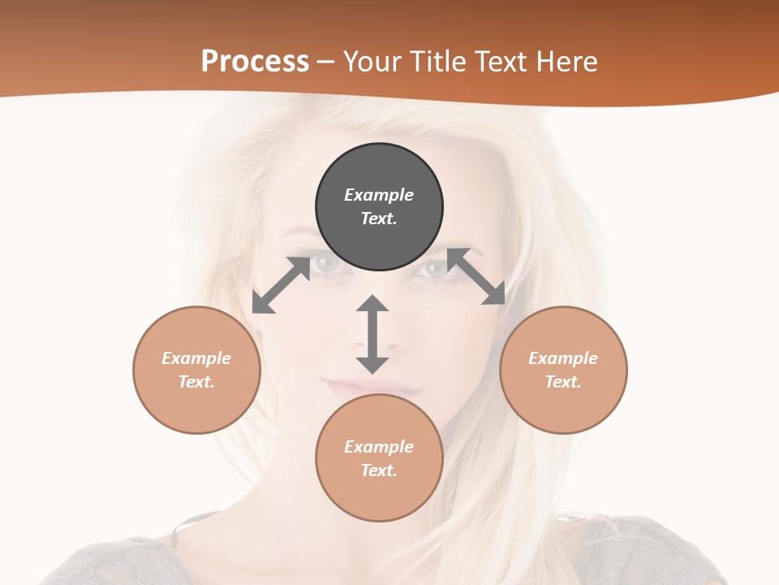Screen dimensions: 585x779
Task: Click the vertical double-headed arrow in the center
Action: click(372, 335)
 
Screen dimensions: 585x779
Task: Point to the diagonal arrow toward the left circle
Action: click(281, 285)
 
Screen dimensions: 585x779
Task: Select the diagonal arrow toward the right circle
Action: click(476, 276)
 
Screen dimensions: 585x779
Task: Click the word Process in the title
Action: click(255, 61)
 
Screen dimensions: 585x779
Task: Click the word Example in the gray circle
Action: click(379, 195)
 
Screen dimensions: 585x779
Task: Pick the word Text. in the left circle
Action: click(196, 382)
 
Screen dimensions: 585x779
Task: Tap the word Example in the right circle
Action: click(563, 358)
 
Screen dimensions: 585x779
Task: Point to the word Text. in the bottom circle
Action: click(379, 470)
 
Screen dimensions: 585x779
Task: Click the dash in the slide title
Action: click(326, 62)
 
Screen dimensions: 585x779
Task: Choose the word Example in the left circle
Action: click(196, 358)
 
